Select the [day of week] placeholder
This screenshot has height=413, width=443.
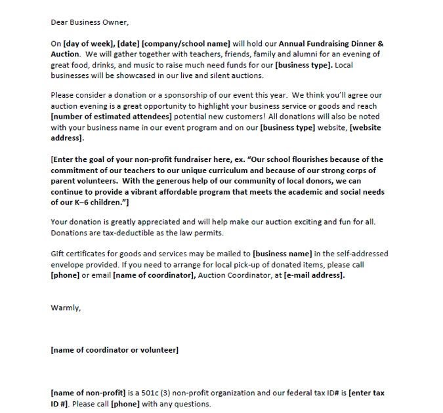click(89, 43)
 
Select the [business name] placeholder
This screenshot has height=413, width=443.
click(284, 254)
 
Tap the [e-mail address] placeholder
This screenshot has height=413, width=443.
click(314, 276)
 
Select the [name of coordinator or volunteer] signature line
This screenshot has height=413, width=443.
click(115, 350)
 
